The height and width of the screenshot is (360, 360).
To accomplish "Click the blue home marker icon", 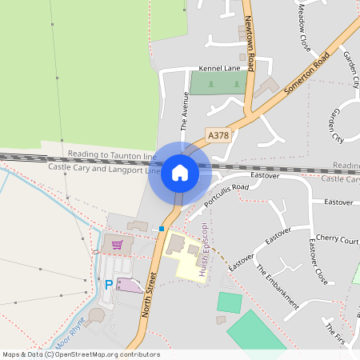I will click(180, 174).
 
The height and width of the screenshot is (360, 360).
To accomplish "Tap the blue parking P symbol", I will click(109, 285).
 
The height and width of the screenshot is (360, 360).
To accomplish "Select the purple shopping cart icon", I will click(118, 245).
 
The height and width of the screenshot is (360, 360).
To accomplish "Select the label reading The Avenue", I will click(184, 111).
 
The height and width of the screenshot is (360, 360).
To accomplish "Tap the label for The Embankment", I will click(278, 286).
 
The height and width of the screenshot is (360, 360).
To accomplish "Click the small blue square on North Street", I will click(162, 229).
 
